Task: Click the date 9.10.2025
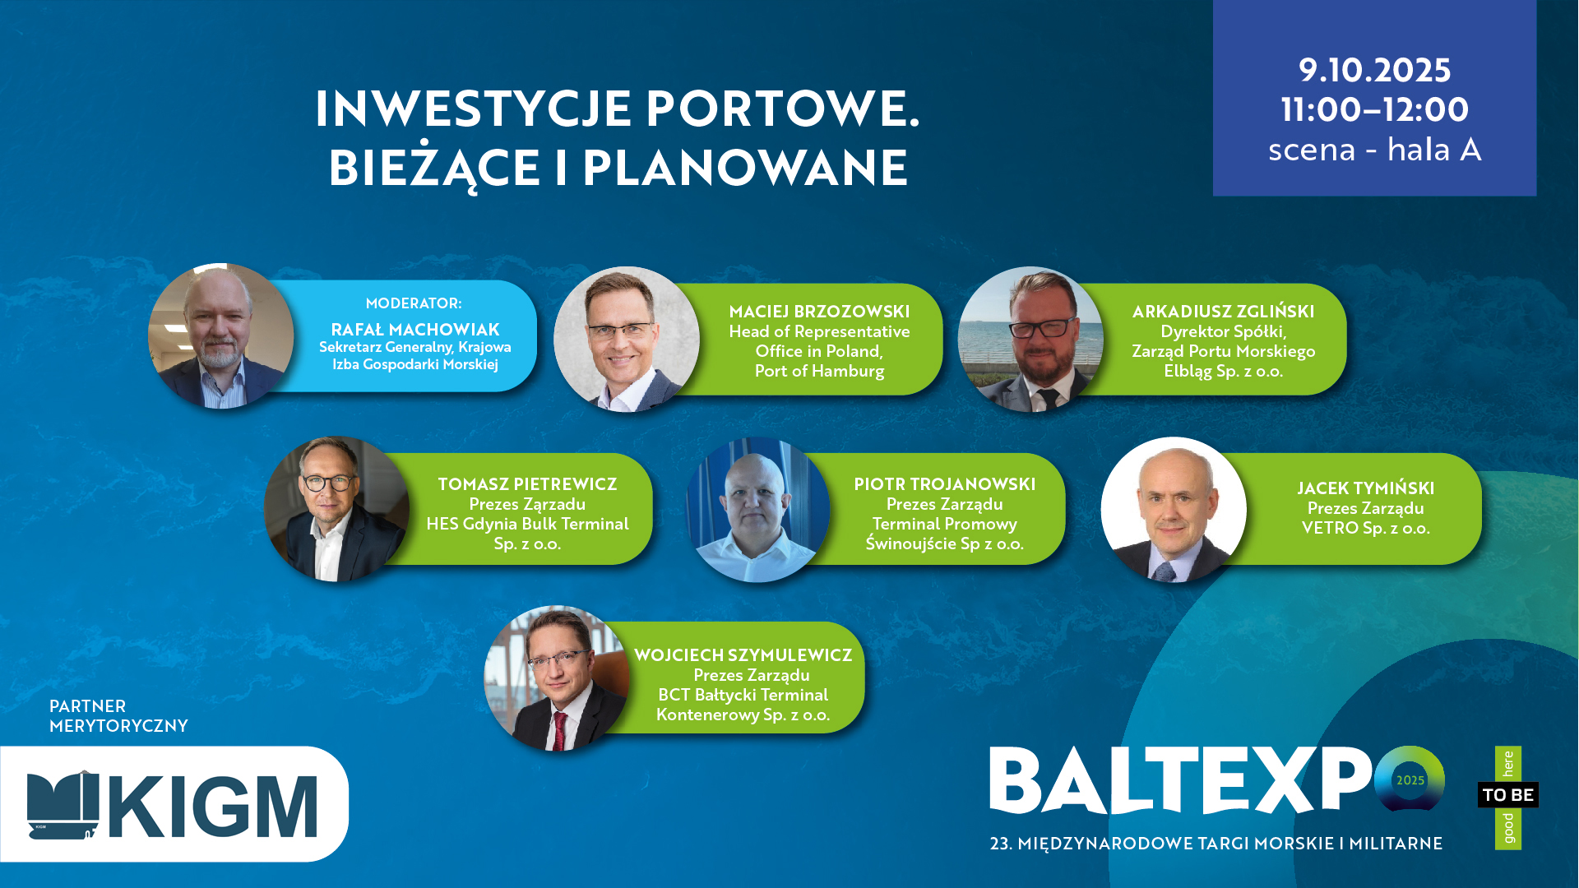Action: point(1374,70)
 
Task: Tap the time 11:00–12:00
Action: point(1374,109)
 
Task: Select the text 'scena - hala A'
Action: point(1374,150)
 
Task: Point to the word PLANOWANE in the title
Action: point(745,167)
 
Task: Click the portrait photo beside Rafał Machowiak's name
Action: point(220,336)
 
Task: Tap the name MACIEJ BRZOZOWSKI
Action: point(819,312)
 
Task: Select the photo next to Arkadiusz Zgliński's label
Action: point(1030,340)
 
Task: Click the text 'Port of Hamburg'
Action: point(819,371)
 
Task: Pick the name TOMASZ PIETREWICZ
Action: point(527,484)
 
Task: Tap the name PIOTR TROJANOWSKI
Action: point(944,484)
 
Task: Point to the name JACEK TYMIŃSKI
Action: point(1365,488)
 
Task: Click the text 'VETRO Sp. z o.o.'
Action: point(1365,528)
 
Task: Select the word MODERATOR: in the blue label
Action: point(414,303)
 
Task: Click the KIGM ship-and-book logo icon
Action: point(63,805)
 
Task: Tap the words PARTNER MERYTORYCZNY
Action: point(118,716)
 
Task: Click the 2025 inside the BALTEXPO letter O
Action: point(1410,780)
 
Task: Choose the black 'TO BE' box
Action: point(1507,795)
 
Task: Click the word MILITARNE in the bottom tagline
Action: point(1396,844)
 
